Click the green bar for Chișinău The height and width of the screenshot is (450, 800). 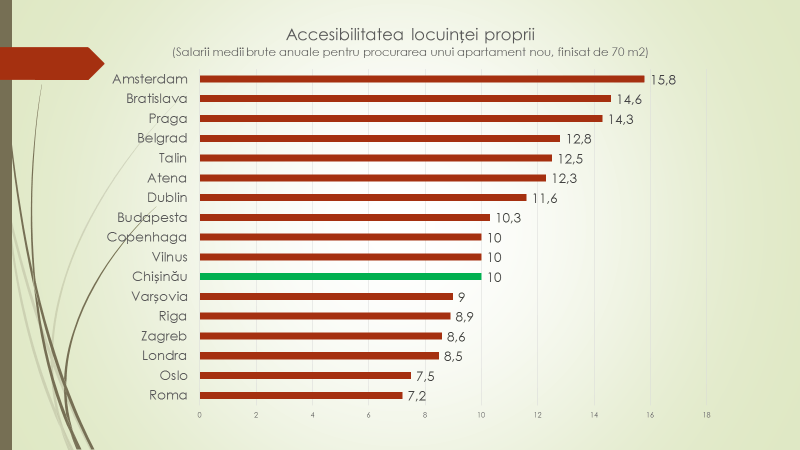point(340,277)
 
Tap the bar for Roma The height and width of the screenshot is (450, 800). point(301,396)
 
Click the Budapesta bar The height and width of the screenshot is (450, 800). point(345,217)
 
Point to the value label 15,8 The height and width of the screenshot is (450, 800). point(663,79)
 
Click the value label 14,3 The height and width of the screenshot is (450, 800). point(621,119)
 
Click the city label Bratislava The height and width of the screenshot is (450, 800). point(157,99)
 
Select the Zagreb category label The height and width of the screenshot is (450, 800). point(165,336)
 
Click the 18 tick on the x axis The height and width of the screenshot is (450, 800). point(707,415)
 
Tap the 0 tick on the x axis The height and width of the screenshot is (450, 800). point(200,415)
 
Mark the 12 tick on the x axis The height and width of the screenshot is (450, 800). point(538,415)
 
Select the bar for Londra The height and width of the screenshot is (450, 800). point(319,356)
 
